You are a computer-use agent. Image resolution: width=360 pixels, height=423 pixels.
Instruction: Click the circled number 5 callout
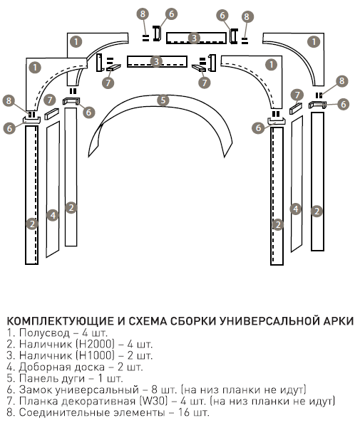(163, 100)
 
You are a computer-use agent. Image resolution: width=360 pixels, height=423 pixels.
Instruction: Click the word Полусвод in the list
(45, 333)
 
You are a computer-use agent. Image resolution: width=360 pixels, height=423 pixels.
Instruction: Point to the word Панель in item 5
(36, 378)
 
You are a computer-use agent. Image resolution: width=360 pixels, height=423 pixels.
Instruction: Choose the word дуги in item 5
(70, 379)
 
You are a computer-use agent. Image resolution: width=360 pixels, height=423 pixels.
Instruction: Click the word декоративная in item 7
(98, 402)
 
